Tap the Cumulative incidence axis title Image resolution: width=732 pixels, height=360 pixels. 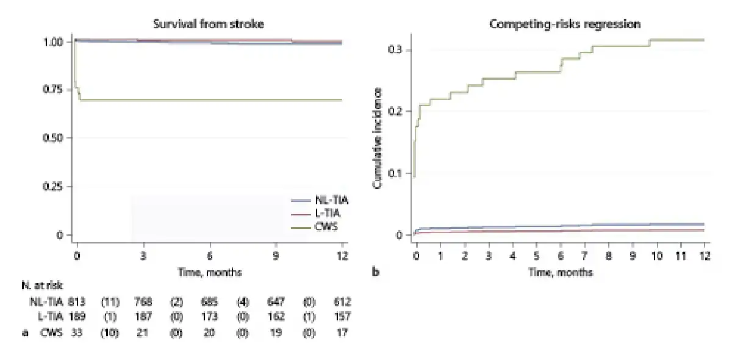[x=378, y=137]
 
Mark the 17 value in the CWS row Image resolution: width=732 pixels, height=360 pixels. [x=343, y=334]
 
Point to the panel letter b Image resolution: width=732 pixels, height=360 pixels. [x=376, y=272]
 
